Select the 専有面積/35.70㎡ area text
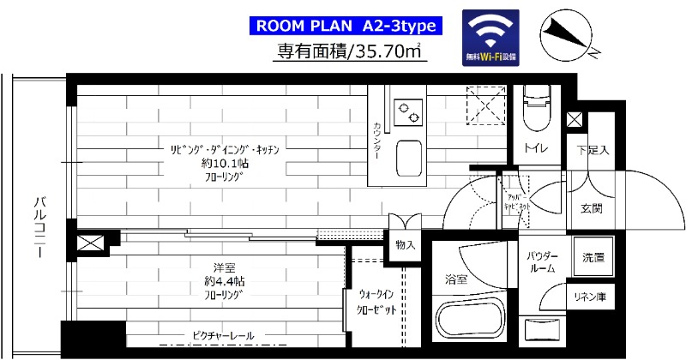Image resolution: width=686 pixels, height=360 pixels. pyautogui.click(x=352, y=52)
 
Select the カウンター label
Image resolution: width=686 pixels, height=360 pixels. pyautogui.click(x=376, y=136)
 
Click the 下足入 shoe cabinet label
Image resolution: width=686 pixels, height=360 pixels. pyautogui.click(x=593, y=151)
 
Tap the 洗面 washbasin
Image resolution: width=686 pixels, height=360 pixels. pyautogui.click(x=593, y=256)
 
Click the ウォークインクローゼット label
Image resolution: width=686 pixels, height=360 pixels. pyautogui.click(x=370, y=302)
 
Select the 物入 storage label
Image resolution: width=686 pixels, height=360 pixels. pyautogui.click(x=406, y=245)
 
